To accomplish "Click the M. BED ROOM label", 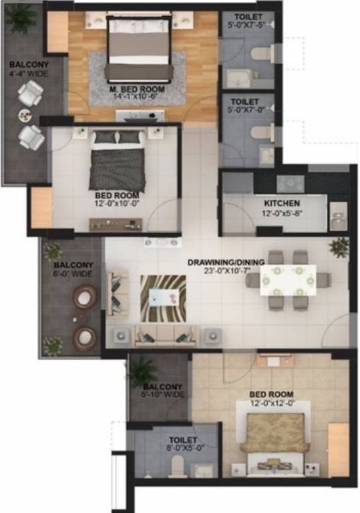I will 137,90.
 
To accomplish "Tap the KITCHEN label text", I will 281,203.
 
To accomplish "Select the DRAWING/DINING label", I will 226,261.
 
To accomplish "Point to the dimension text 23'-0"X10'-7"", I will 226,271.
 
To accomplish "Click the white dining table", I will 288,280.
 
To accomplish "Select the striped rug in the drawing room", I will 163,298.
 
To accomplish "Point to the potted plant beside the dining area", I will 339,246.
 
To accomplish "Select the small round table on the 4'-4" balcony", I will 25,116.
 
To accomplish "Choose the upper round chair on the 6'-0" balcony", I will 85,297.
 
